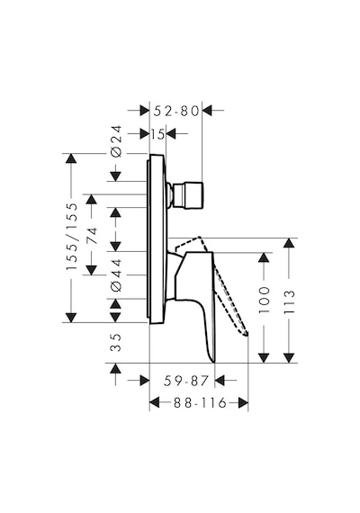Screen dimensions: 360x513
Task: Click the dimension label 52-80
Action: click(176, 111)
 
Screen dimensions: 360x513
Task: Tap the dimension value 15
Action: click(157, 134)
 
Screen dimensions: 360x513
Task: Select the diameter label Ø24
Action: click(116, 141)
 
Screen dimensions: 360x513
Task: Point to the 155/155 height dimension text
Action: click(72, 237)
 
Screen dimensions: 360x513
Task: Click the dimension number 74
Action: click(92, 235)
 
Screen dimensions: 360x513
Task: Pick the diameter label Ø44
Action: click(116, 274)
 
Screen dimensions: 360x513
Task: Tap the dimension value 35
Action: click(115, 343)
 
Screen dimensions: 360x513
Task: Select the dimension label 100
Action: click(264, 300)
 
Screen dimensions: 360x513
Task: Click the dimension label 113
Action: click(289, 301)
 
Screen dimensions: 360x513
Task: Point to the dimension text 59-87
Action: click(186, 381)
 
